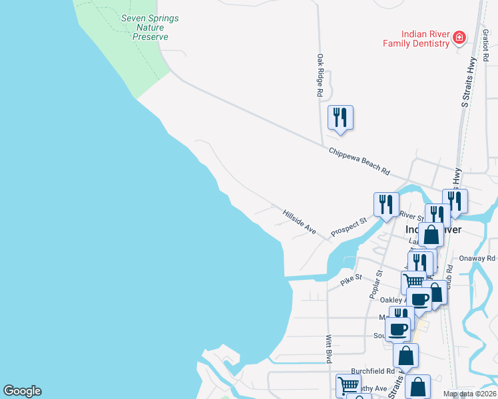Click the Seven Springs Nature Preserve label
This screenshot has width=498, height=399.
[150, 27]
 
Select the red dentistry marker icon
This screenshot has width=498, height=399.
[459, 38]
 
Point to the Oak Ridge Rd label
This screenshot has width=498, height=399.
[320, 76]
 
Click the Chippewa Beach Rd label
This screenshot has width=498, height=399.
[359, 161]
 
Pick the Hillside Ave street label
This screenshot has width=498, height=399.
[299, 221]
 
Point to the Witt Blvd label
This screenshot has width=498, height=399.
[329, 348]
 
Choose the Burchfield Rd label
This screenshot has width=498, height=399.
[373, 371]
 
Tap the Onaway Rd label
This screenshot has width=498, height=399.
[477, 258]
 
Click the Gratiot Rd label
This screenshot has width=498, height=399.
[485, 47]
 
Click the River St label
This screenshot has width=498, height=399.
[413, 216]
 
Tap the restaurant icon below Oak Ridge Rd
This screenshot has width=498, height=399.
[340, 118]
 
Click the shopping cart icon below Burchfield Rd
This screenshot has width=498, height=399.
[348, 384]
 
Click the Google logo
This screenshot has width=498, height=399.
[22, 391]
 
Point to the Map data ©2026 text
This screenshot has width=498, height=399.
[469, 394]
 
